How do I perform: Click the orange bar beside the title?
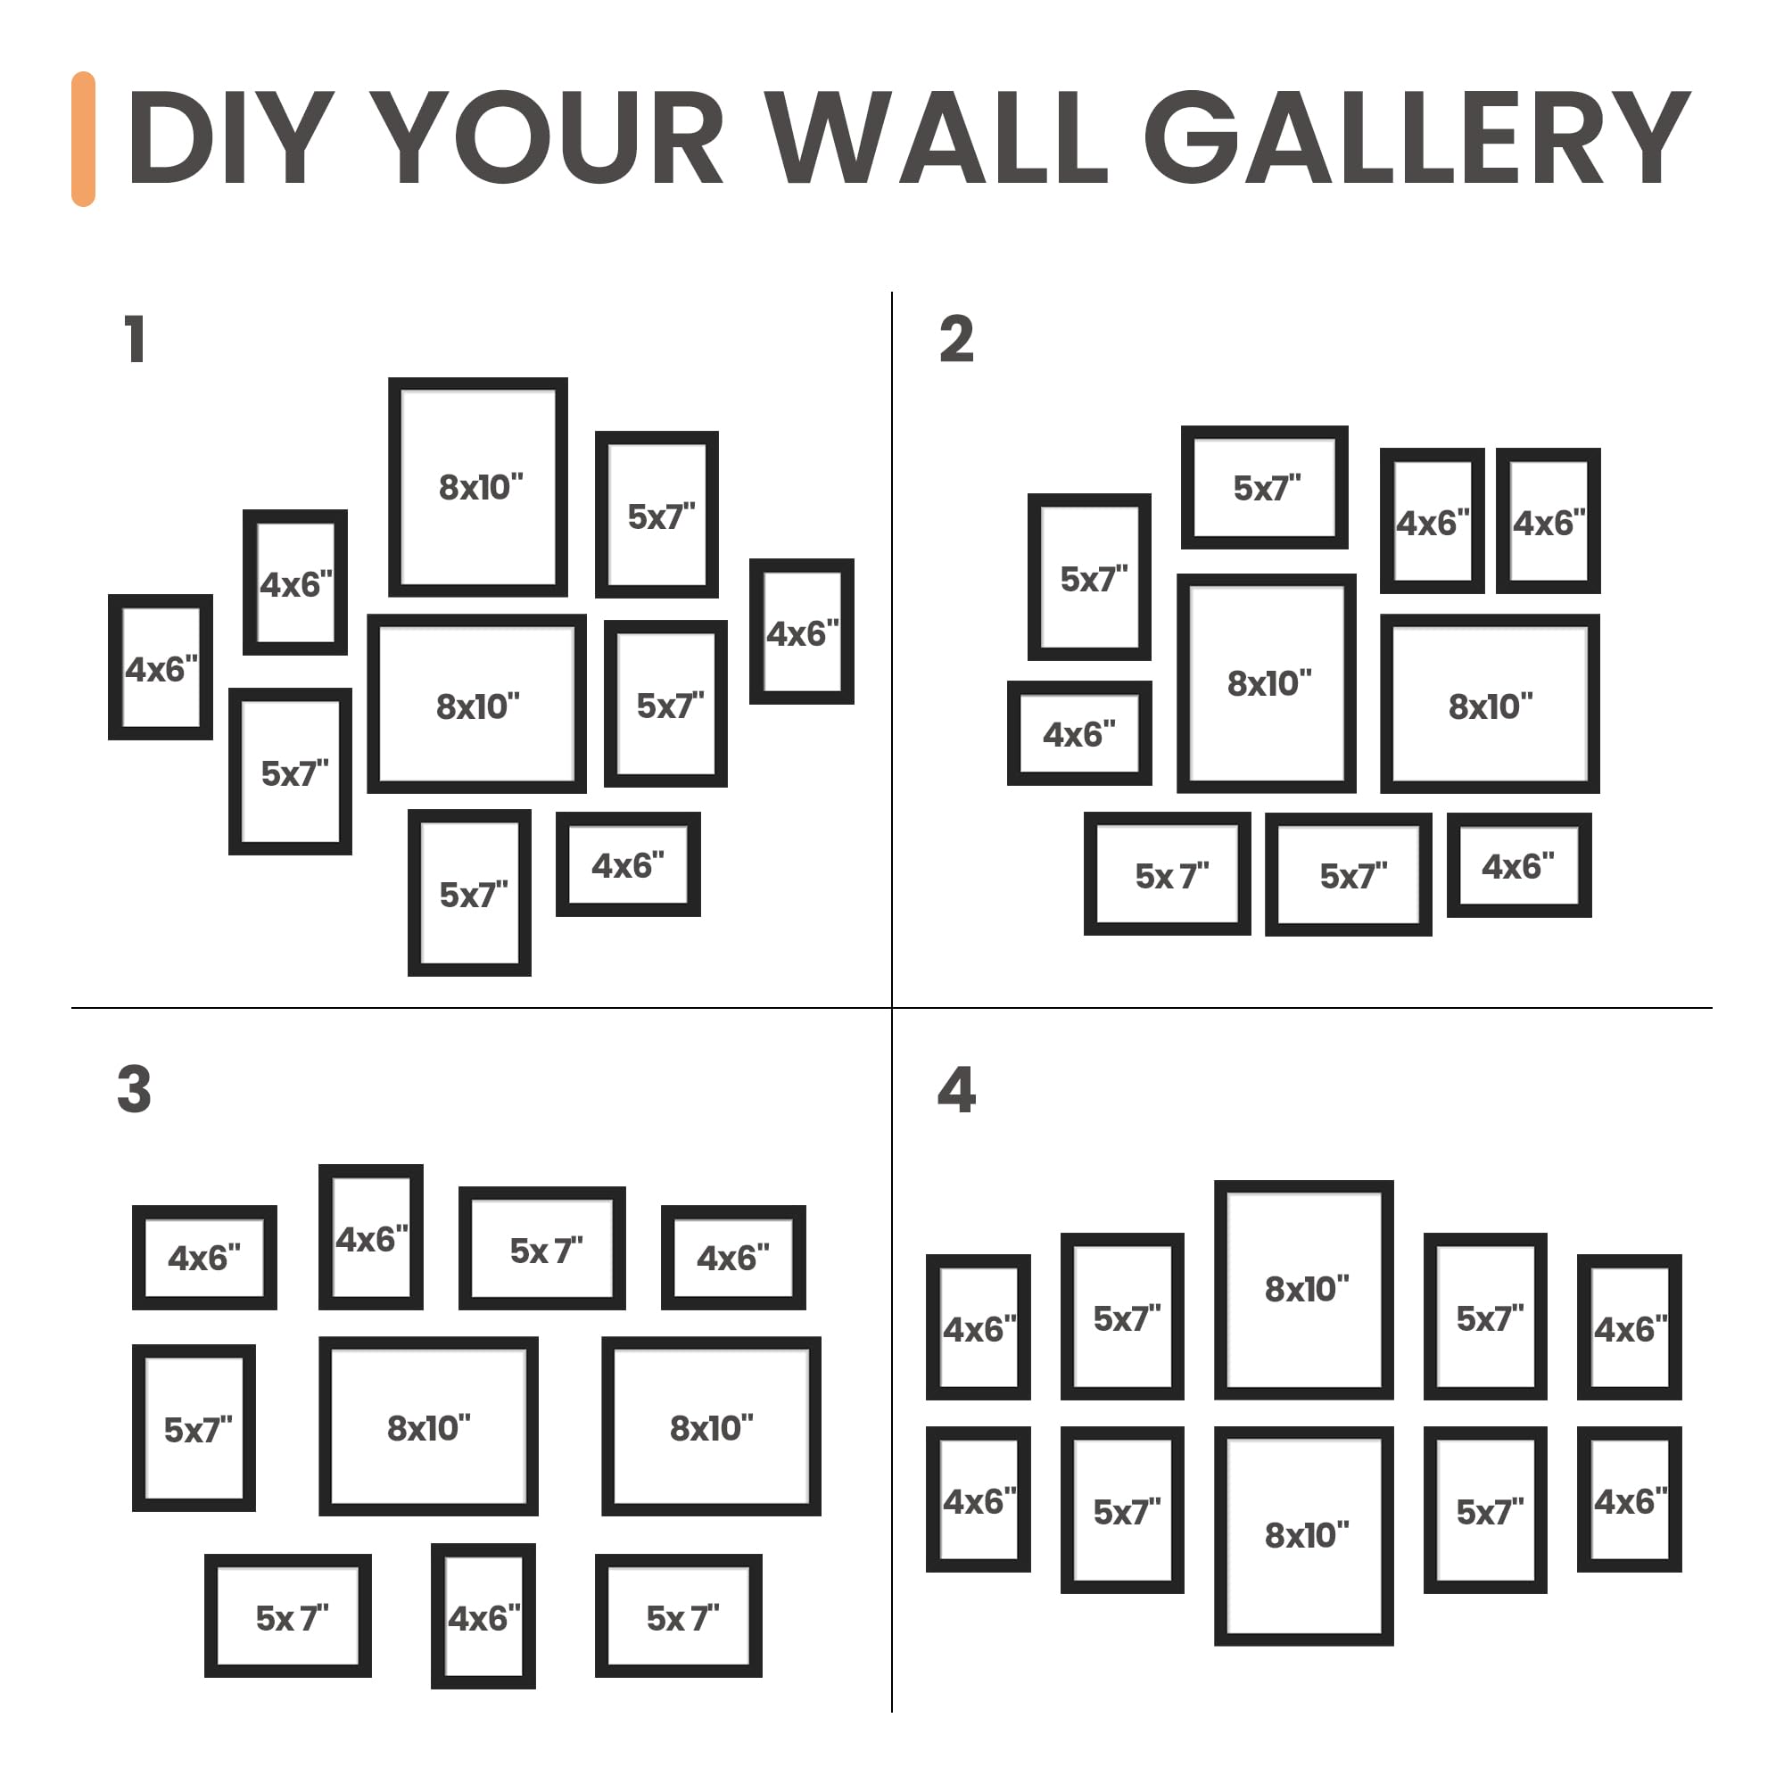click(x=83, y=138)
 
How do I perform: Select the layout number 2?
click(x=956, y=339)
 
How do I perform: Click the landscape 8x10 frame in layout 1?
click(x=476, y=786)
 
